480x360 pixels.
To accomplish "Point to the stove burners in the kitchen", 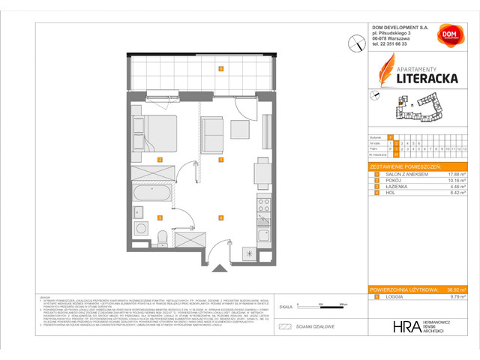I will (263, 203).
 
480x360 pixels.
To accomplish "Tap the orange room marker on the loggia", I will (220, 69).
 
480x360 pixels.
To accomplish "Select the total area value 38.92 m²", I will (454, 289).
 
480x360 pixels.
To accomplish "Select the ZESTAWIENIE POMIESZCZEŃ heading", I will (404, 165).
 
